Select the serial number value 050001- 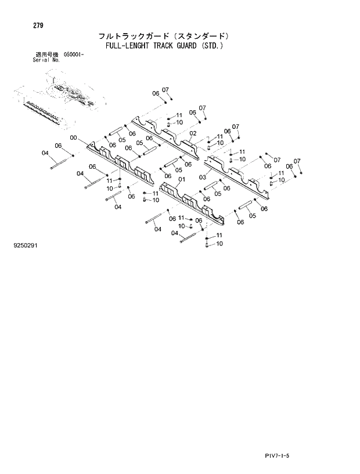coord(73,54)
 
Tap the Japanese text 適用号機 coord(45,54)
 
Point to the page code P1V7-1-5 coord(276,457)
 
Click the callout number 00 coord(73,138)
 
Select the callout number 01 coord(181,180)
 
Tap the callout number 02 coord(193,133)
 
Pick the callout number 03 coord(202,177)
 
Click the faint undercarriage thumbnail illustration coord(58,99)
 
